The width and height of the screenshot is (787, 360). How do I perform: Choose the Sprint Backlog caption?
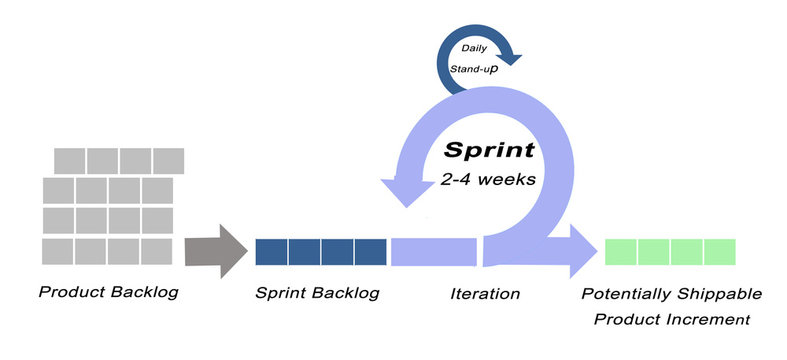tap(317, 294)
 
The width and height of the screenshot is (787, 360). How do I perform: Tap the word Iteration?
tap(484, 294)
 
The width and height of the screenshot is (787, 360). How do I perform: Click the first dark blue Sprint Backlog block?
tap(271, 252)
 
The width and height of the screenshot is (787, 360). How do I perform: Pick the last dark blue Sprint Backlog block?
tap(370, 252)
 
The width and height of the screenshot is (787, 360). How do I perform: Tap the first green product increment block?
tap(621, 252)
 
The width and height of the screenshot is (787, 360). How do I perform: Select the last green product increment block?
tap(719, 252)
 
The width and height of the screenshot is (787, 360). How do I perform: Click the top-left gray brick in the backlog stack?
tap(69, 160)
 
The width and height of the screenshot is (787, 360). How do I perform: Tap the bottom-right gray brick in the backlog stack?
tap(157, 250)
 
